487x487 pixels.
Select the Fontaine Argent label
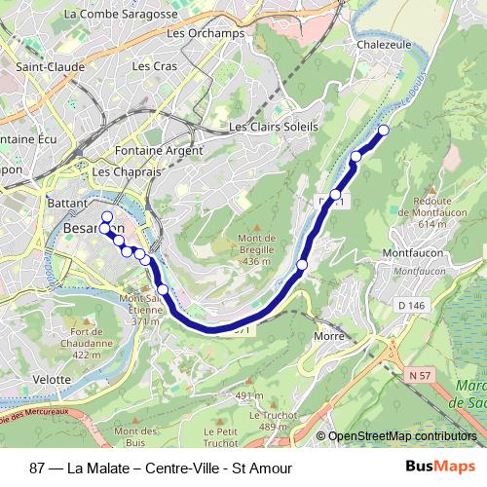(x=159, y=151)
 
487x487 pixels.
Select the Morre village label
(x=330, y=336)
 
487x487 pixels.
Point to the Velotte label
(x=52, y=379)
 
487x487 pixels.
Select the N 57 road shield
(x=420, y=375)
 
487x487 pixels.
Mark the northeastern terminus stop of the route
(x=384, y=131)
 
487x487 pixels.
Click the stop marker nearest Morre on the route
(x=302, y=265)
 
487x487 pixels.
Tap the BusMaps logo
(x=447, y=466)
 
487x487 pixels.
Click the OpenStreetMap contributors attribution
(x=401, y=436)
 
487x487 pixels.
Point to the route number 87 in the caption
(x=37, y=467)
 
